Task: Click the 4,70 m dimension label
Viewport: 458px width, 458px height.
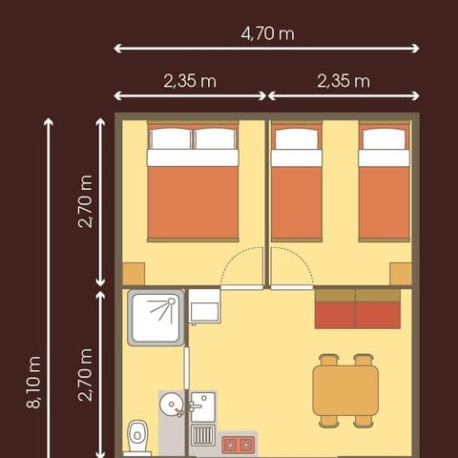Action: pos(266,34)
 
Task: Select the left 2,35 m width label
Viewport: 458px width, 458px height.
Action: pos(190,81)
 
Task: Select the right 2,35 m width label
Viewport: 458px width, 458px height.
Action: pos(343,81)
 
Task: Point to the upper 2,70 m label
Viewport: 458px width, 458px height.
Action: pos(86,201)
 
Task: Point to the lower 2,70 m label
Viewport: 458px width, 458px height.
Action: pos(86,374)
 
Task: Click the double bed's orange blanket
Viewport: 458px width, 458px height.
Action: pos(193,202)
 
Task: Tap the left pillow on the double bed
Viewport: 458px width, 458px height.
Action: pos(171,139)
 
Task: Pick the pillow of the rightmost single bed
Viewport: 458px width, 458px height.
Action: pos(385,139)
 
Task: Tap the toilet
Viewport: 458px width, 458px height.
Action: pos(139,438)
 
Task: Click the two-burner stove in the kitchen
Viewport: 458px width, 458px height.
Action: pos(239,445)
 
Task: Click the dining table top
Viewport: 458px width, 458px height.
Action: pos(345,390)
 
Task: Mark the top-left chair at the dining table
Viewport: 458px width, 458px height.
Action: pos(329,361)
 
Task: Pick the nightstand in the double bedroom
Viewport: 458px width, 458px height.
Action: pos(133,273)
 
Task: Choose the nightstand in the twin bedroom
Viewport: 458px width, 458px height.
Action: pos(401,273)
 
